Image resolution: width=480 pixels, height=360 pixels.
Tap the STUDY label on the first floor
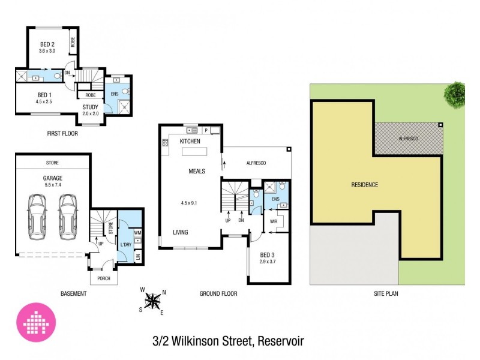pyautogui.click(x=91, y=107)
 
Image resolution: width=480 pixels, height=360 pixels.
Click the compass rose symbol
pyautogui.click(x=154, y=299)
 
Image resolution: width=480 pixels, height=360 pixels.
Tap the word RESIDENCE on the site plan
pyautogui.click(x=364, y=185)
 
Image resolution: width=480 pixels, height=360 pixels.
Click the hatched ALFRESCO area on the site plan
pyautogui.click(x=408, y=139)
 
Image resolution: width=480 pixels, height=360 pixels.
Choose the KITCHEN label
pyautogui.click(x=190, y=141)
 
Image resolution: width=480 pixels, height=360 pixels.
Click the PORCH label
pyautogui.click(x=104, y=278)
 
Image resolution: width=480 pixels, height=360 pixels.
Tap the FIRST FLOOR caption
pyautogui.click(x=63, y=133)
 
